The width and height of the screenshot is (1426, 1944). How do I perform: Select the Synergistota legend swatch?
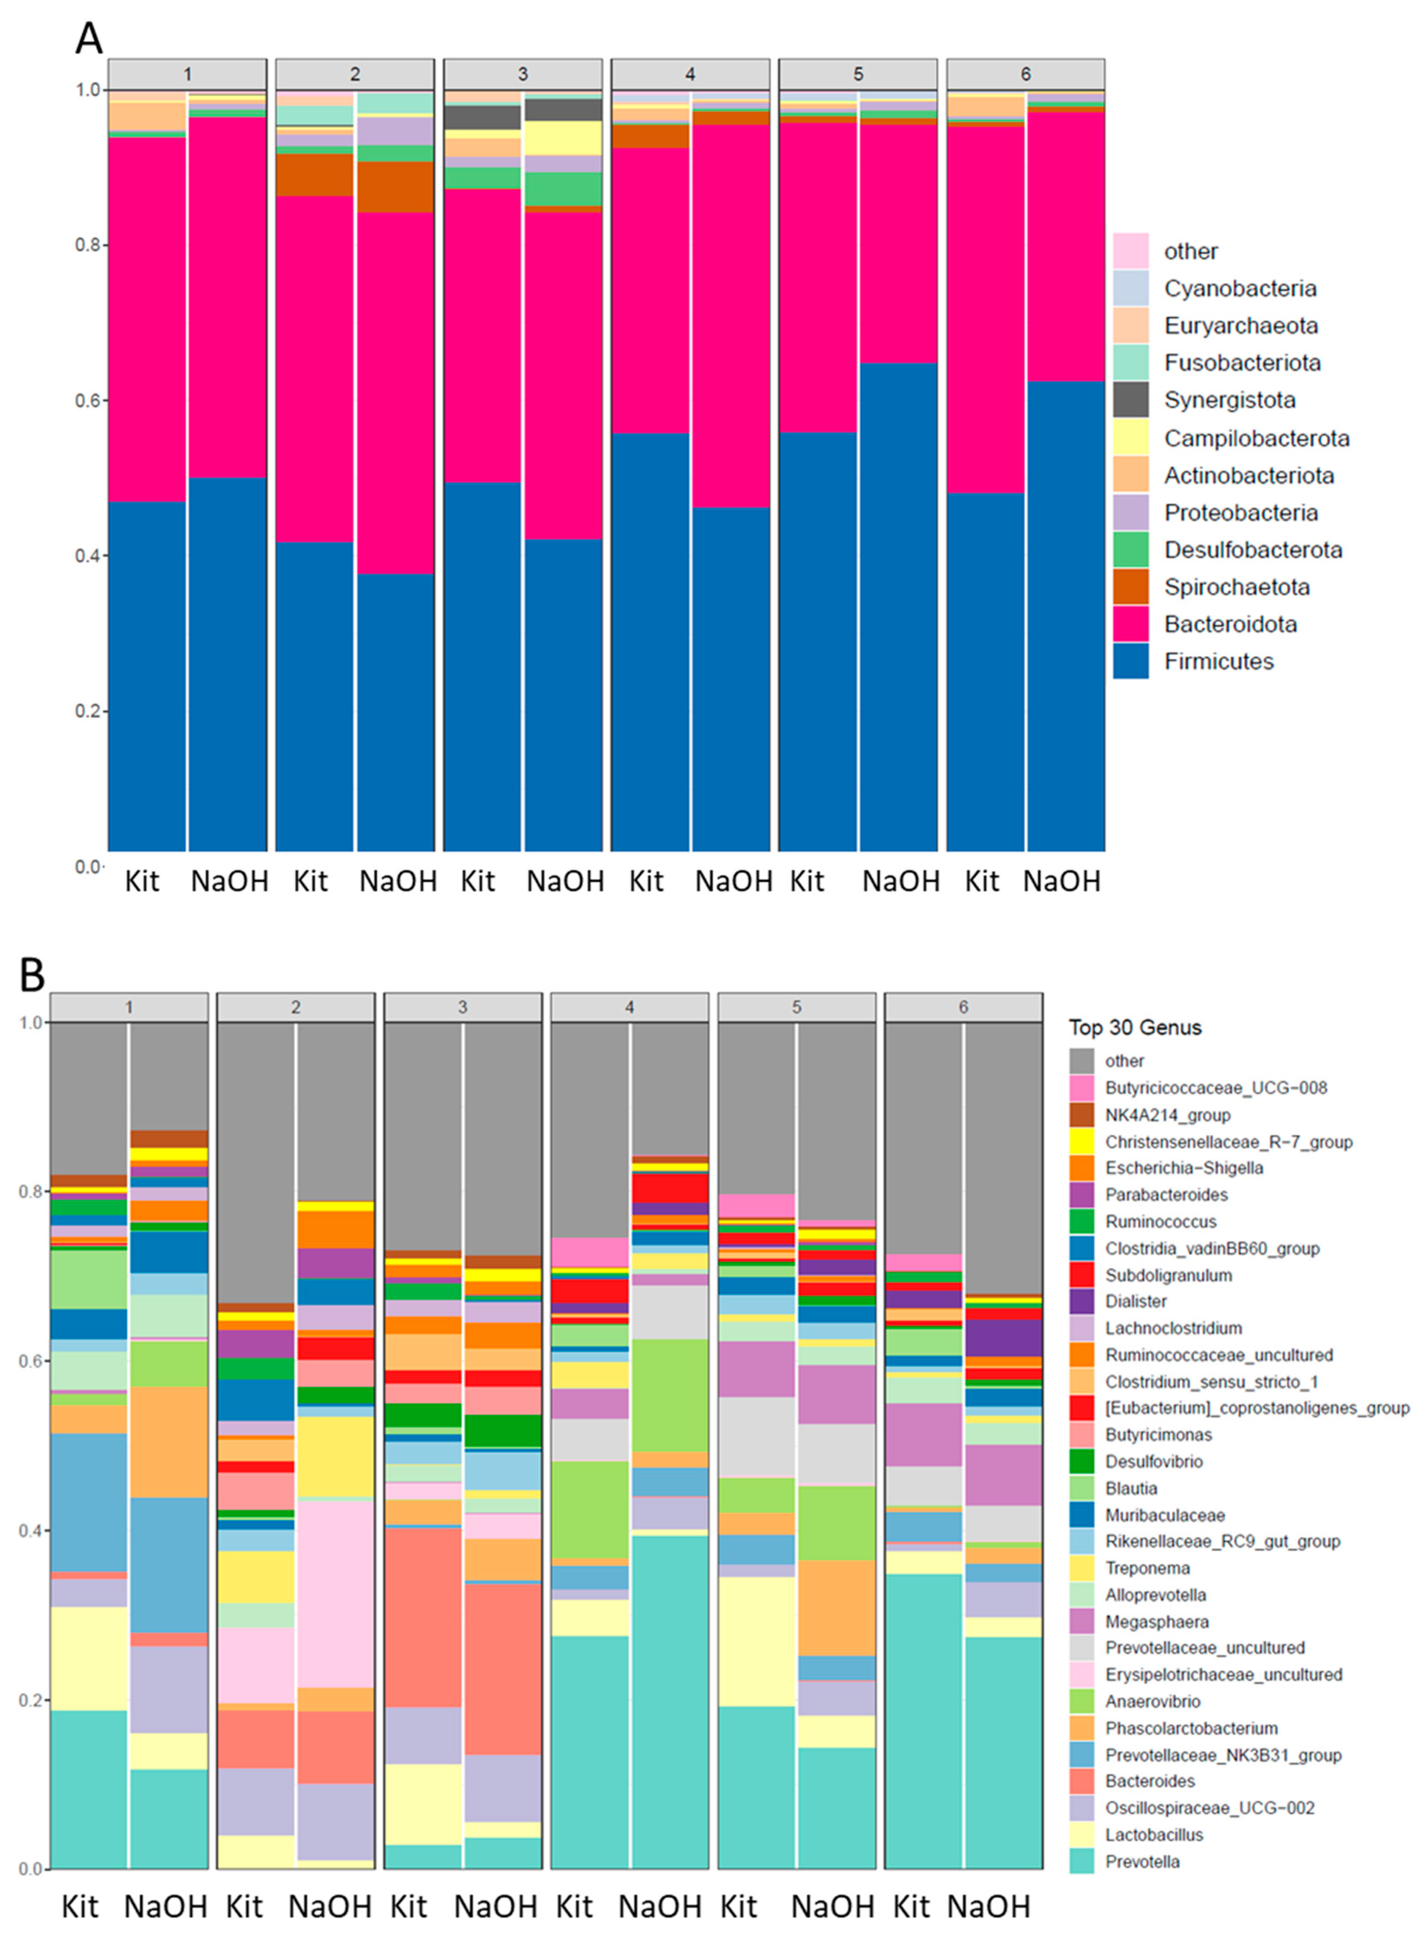(x=1130, y=400)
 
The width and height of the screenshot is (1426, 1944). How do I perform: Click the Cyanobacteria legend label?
(x=1240, y=288)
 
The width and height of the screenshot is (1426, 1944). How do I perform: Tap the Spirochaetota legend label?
(x=1236, y=587)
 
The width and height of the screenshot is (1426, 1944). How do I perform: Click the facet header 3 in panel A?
(x=522, y=74)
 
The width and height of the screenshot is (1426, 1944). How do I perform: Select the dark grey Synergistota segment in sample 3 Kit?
(x=482, y=117)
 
